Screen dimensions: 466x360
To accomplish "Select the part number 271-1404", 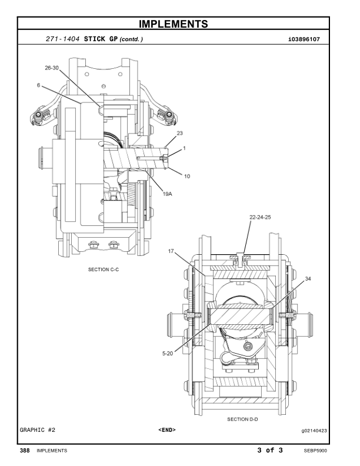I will [63, 39].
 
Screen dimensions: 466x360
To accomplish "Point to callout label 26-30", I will [52, 68].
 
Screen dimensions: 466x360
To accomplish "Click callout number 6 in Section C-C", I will [38, 85].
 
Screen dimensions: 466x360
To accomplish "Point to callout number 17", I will [172, 251].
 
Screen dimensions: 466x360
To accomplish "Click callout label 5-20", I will [168, 354].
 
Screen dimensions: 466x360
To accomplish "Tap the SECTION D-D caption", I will [243, 420].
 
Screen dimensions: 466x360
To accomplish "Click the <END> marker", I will [167, 430].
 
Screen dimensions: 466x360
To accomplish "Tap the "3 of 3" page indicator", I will [270, 451].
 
